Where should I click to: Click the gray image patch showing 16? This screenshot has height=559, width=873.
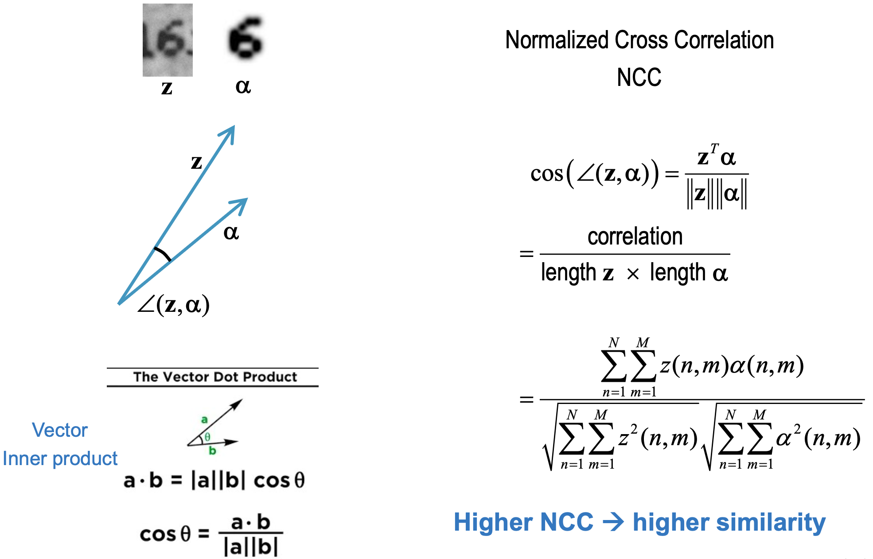[168, 40]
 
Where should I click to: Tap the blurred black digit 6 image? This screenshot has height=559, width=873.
[246, 38]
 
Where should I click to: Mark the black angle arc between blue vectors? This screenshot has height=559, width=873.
[163, 254]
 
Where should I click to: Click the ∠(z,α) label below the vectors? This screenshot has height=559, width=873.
[173, 305]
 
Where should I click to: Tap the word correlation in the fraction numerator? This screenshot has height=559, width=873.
[635, 237]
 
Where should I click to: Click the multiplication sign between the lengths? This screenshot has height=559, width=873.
[633, 274]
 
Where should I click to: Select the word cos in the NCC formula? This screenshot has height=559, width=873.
[546, 173]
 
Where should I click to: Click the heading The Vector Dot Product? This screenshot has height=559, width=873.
[215, 377]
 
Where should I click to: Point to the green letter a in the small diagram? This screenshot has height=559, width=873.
[204, 419]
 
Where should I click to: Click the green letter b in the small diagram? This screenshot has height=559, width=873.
[212, 451]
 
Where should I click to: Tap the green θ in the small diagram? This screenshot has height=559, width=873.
[207, 437]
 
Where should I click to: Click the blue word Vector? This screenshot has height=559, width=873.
[60, 430]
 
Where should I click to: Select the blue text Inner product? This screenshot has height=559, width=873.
[60, 458]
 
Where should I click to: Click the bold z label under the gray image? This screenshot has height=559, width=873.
[167, 88]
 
